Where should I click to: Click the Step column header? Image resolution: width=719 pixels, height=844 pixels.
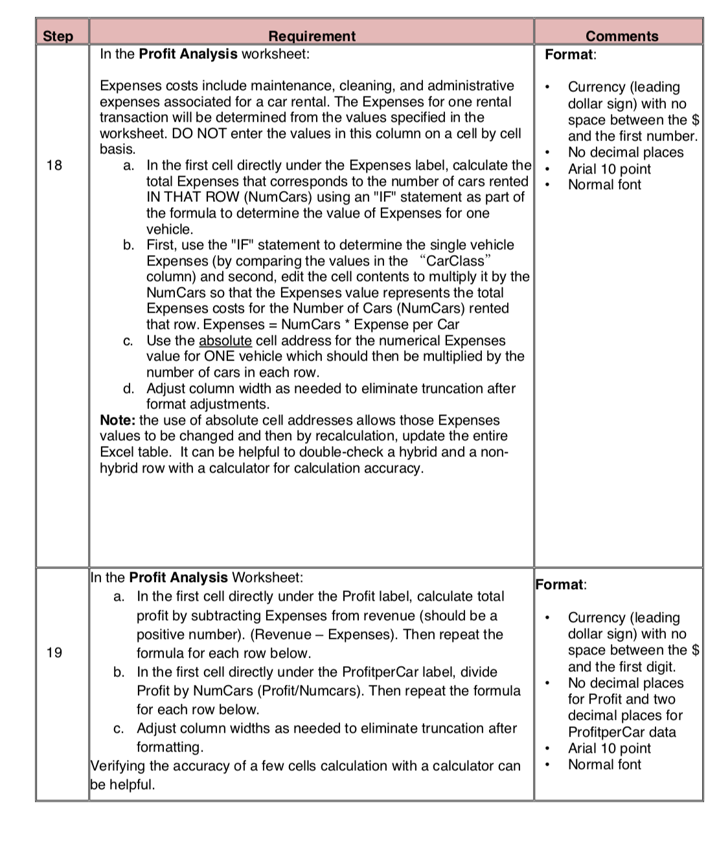(x=58, y=36)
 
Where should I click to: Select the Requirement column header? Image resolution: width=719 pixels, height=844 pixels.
(x=312, y=36)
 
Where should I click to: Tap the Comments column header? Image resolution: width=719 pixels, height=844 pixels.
(x=621, y=36)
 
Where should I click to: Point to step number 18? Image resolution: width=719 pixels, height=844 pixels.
(x=54, y=165)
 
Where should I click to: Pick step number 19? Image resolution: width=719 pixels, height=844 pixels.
(x=54, y=652)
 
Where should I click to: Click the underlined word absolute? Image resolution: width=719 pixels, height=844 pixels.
(x=225, y=340)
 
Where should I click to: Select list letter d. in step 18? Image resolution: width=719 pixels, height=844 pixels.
(x=129, y=388)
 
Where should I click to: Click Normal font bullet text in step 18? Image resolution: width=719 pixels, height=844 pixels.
(x=604, y=184)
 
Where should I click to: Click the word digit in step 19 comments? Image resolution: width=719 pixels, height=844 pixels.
(x=659, y=667)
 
